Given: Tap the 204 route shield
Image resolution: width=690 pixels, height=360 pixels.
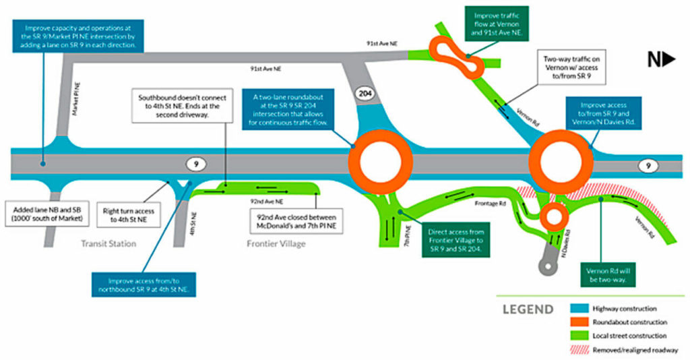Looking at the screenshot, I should click(365, 93).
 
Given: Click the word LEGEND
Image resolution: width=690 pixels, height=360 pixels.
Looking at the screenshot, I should click(528, 310).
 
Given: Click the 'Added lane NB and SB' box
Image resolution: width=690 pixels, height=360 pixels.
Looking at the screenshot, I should click(42, 213).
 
